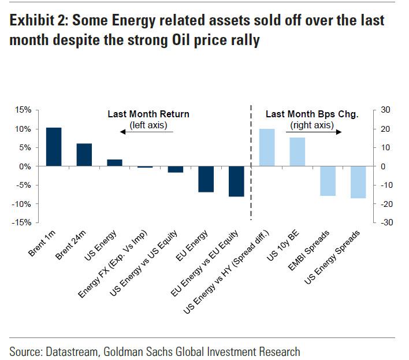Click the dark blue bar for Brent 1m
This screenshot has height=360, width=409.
(54, 147)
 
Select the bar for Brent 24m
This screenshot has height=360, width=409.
(84, 155)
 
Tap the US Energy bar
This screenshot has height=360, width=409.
(114, 163)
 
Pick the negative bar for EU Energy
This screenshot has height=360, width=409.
(206, 179)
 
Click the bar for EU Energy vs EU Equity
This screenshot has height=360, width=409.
(236, 181)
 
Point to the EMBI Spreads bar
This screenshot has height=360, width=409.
(328, 181)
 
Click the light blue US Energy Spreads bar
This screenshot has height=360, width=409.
(358, 182)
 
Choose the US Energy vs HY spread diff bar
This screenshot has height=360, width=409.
(267, 148)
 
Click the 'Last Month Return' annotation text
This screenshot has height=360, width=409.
(148, 114)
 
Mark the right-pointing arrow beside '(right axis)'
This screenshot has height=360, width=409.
(334, 132)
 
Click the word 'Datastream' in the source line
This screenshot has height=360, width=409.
(72, 351)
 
